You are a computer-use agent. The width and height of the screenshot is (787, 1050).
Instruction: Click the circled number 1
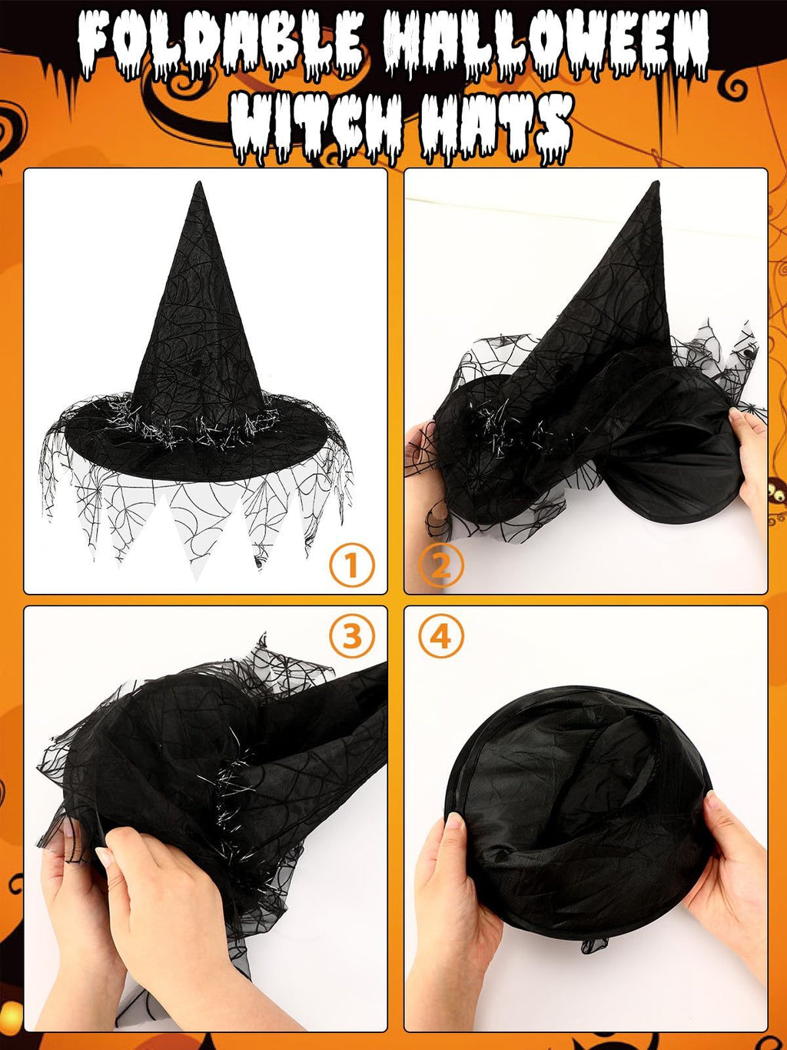click(x=352, y=565)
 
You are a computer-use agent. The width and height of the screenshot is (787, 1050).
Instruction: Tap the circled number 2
click(x=441, y=565)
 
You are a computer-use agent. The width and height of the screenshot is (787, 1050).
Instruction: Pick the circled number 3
click(x=352, y=636)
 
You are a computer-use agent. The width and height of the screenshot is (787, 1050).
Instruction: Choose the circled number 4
click(x=441, y=636)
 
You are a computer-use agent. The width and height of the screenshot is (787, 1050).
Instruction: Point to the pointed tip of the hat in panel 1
click(x=199, y=185)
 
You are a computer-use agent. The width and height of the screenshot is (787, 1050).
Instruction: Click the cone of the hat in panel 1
click(x=200, y=323)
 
